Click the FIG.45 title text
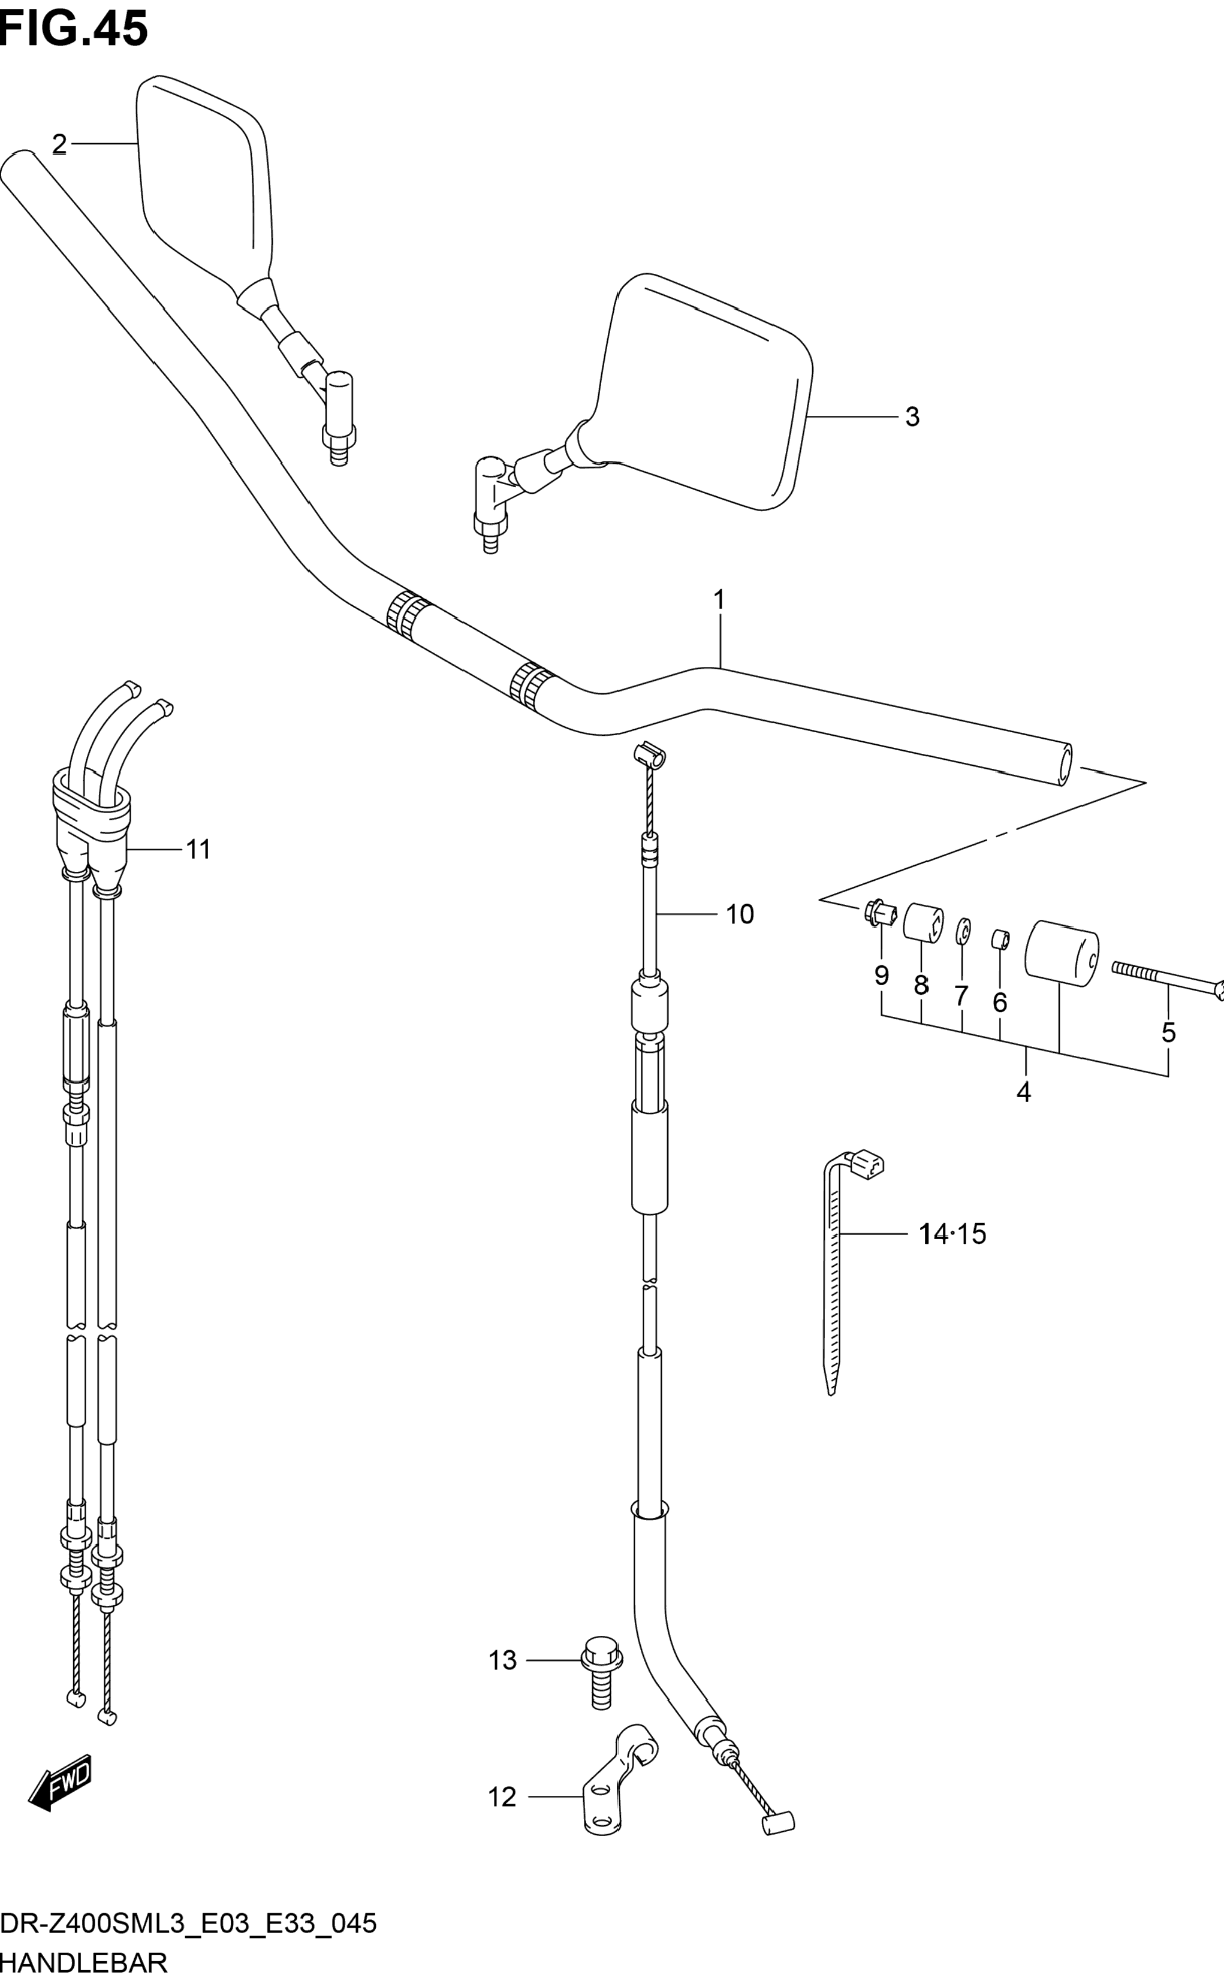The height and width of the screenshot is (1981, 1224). click(x=74, y=29)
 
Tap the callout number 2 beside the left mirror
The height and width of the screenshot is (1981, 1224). click(x=59, y=145)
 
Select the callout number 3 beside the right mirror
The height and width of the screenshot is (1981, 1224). click(x=912, y=417)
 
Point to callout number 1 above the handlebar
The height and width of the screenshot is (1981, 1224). click(x=719, y=600)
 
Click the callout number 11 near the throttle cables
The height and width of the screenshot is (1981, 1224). click(x=198, y=850)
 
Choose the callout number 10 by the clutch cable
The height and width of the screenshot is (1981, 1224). click(x=740, y=914)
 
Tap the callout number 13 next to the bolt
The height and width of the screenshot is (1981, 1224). click(x=503, y=1660)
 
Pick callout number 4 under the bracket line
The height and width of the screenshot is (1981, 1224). click(x=1023, y=1092)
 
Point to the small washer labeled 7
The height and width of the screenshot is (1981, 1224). click(x=963, y=931)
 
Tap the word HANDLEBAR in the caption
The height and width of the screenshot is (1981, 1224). click(x=84, y=1962)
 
